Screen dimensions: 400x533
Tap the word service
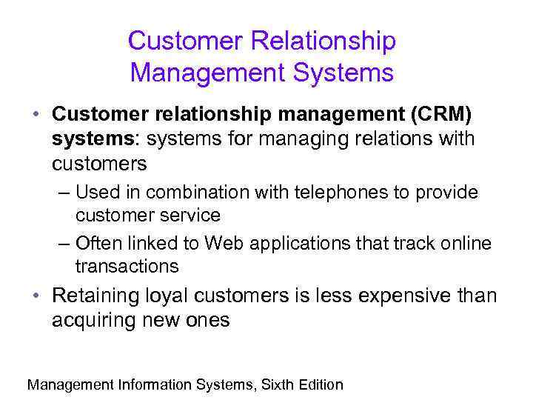193,216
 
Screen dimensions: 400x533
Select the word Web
222,243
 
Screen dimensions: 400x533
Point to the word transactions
127,266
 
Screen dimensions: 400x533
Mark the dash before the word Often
62,243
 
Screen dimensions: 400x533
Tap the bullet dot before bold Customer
36,116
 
